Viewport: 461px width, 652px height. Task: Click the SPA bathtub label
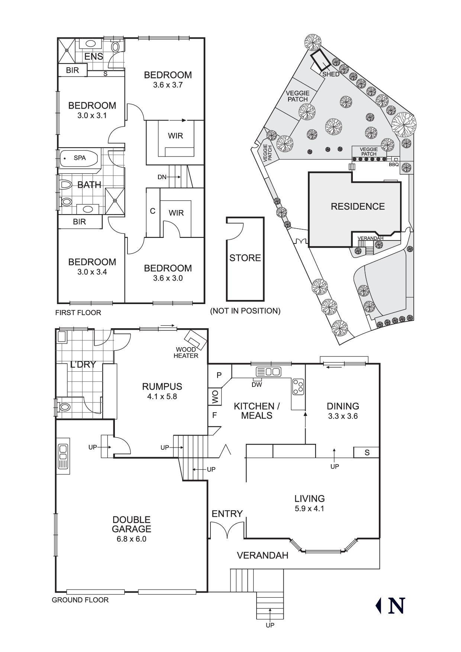click(x=80, y=158)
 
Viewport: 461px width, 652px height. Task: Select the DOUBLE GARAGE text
click(x=132, y=524)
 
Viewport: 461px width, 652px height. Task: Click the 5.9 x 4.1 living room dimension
click(x=309, y=509)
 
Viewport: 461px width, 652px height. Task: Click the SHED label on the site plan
click(x=331, y=74)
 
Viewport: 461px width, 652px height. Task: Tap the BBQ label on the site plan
click(x=393, y=164)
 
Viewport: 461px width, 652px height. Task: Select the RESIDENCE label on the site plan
click(x=358, y=206)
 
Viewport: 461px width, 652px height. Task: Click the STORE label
click(x=245, y=258)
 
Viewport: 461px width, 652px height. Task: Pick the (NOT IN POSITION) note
click(x=245, y=311)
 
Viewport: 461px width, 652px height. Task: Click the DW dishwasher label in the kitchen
click(x=257, y=385)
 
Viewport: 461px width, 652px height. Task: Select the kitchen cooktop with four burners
click(x=298, y=386)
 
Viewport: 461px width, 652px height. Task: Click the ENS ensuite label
click(x=94, y=57)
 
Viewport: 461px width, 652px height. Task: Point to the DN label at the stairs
click(x=162, y=177)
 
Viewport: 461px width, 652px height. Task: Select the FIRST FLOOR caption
click(x=78, y=313)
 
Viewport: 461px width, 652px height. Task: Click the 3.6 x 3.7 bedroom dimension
click(x=168, y=85)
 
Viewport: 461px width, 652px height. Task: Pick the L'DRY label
click(x=83, y=365)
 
